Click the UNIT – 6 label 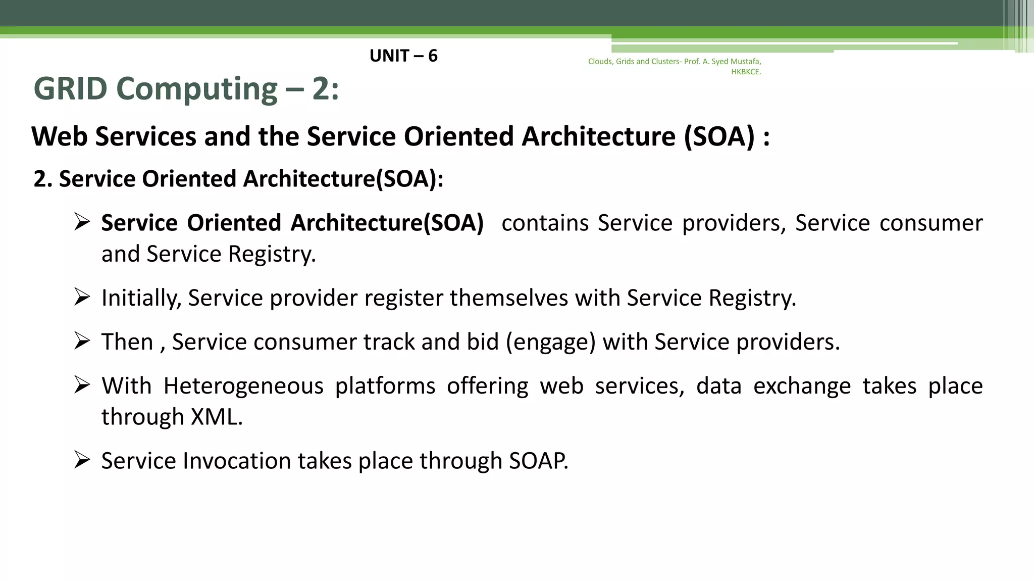click(x=403, y=56)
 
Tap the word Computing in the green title click(x=196, y=90)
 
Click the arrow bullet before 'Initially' click(x=82, y=297)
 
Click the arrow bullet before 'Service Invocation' click(x=82, y=460)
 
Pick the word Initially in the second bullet click(x=141, y=298)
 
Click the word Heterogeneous click(x=243, y=386)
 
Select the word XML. click(x=217, y=417)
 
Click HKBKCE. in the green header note click(x=746, y=72)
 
